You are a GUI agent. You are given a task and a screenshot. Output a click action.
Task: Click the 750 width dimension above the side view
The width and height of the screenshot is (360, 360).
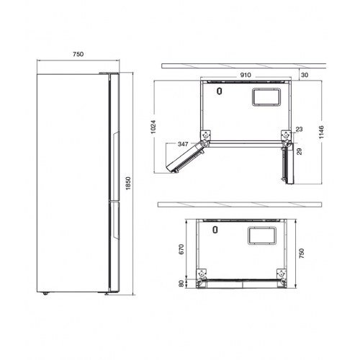[x=78, y=54]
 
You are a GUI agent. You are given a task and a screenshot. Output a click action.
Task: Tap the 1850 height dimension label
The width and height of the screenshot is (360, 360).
[x=128, y=184]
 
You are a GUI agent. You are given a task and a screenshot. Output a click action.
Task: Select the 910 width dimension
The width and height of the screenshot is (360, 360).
[x=246, y=75]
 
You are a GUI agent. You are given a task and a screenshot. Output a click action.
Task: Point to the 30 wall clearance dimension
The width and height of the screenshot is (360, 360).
[x=305, y=75]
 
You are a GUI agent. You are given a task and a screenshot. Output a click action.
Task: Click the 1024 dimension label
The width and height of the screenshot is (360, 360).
[x=153, y=127]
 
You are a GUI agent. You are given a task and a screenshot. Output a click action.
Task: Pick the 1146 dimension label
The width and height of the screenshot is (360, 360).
[x=322, y=132]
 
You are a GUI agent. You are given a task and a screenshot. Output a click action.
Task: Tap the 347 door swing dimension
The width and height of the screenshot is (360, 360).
[x=183, y=144]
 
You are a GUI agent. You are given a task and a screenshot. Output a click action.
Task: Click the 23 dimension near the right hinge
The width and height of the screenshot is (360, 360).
[x=299, y=130]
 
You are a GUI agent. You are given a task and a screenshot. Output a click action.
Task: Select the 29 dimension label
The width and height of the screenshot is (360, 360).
[x=300, y=151]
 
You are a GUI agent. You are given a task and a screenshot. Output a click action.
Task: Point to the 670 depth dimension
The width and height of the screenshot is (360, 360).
[x=181, y=249]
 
